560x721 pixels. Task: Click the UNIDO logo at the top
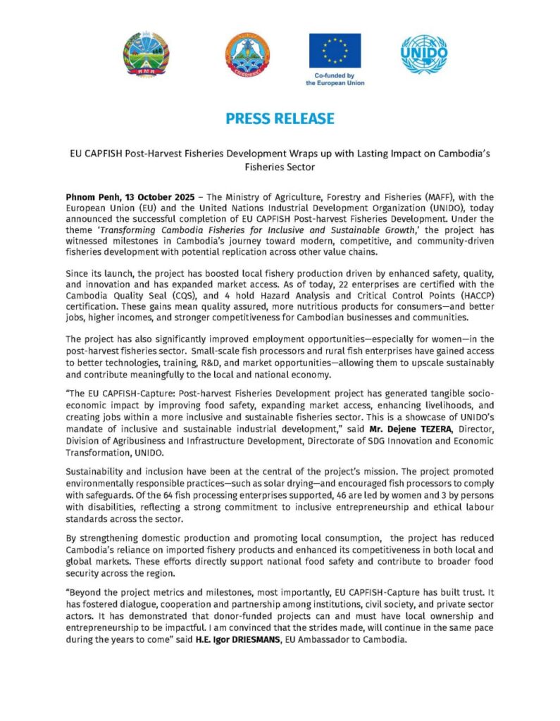[x=424, y=54]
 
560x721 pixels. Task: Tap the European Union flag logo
[x=335, y=50]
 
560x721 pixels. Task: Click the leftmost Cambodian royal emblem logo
[x=146, y=56]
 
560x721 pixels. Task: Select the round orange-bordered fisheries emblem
[x=247, y=56]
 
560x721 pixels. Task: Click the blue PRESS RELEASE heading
[x=280, y=118]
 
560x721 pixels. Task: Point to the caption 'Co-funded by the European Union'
[x=335, y=78]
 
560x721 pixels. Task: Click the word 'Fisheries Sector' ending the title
[x=280, y=168]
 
